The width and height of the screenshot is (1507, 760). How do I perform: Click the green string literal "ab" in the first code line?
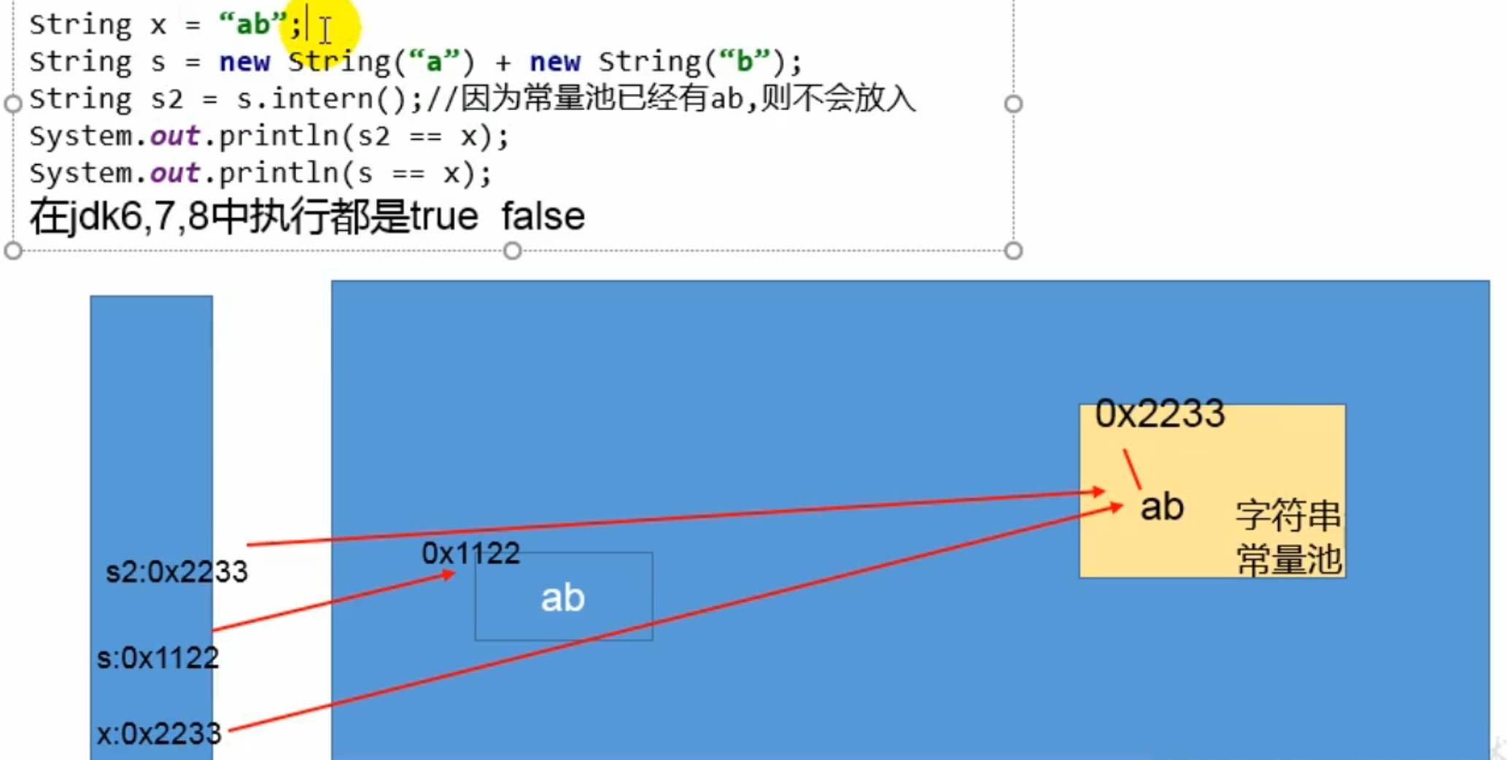252,25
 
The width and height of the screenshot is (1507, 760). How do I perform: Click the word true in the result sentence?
444,217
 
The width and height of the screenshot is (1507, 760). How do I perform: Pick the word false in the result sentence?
543,217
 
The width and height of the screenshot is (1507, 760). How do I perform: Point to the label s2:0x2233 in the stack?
177,572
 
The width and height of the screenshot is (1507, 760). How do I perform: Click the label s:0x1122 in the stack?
158,658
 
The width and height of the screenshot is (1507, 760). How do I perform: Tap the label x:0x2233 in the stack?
159,733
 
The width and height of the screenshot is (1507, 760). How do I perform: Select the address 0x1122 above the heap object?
470,554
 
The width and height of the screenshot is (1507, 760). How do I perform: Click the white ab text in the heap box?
562,598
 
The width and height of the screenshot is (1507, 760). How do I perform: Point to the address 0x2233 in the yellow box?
1160,414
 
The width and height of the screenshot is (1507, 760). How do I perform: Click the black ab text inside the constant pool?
1162,507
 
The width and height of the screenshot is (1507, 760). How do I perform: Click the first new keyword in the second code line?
244,62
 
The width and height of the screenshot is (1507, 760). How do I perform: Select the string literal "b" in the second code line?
744,62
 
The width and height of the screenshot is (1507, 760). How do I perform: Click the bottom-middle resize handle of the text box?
513,251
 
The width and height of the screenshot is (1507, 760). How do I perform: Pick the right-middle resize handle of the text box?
1013,104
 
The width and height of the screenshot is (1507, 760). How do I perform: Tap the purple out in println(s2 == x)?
174,136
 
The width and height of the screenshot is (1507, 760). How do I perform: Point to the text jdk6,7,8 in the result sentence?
128,217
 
